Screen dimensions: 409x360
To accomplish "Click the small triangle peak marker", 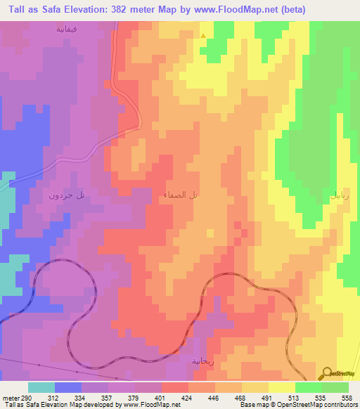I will pyautogui.click(x=204, y=36).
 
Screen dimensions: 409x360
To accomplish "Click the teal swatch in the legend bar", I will pyautogui.click(x=41, y=387).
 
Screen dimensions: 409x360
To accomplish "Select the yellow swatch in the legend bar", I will pyautogui.click(x=282, y=387).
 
